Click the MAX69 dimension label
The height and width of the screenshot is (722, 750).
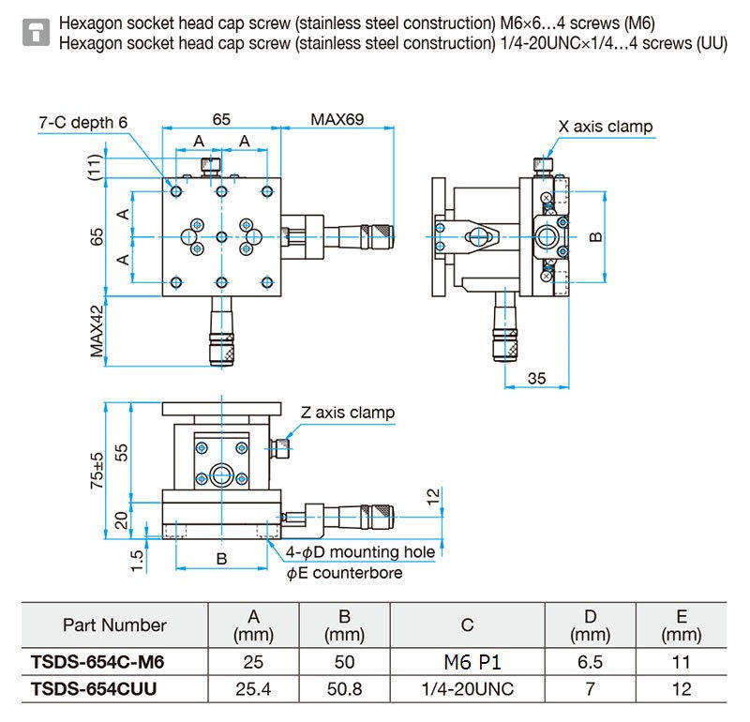coord(337,119)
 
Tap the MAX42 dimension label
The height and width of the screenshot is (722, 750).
coord(97,332)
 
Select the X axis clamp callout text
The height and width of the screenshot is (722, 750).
coord(606,127)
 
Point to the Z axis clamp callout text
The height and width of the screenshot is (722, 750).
coord(348,413)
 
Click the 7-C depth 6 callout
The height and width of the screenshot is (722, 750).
coord(83,123)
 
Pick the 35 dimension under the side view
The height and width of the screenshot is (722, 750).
coord(536,379)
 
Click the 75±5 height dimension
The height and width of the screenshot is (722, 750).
coord(97,471)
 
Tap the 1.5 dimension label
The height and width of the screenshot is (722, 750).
coord(137,561)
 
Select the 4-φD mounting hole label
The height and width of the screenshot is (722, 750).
coord(360,552)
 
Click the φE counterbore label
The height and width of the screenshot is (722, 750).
coord(344,573)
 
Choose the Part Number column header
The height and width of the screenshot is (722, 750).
coord(114,624)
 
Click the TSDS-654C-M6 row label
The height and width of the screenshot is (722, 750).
coord(97,662)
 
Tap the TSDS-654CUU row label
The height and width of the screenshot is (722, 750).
coord(94,689)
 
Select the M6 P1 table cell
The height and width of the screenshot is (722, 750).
coord(472,662)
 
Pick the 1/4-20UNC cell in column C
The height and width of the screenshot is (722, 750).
coord(467,689)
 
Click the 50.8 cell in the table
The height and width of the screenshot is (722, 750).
coord(344,689)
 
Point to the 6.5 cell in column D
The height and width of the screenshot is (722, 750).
coord(590,662)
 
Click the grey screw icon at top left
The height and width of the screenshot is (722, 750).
coord(36,33)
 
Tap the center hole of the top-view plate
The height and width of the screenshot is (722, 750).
coord(221,236)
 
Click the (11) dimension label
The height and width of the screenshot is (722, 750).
coord(96,167)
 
